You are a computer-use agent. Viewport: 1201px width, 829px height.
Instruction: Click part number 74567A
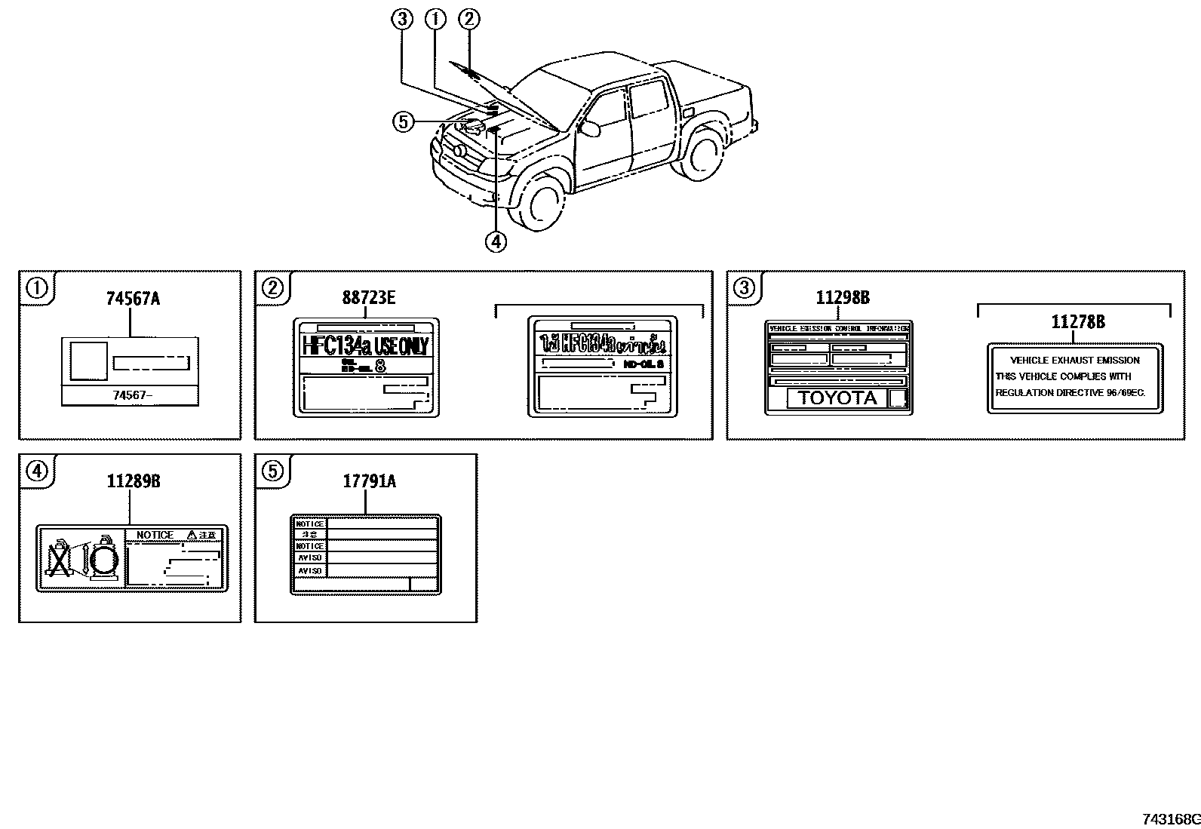tap(132, 299)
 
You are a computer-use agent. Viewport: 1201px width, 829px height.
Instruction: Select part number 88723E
tap(368, 297)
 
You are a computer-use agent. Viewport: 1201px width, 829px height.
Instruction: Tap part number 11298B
tap(842, 298)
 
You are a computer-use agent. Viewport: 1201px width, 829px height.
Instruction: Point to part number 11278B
tap(1078, 322)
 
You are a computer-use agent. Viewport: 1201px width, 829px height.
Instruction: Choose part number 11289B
tap(133, 481)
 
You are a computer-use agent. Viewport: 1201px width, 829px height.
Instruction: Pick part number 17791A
tap(369, 481)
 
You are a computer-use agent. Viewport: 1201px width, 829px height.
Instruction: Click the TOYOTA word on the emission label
tap(837, 398)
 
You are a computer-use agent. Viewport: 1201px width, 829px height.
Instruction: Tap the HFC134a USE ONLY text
tap(365, 346)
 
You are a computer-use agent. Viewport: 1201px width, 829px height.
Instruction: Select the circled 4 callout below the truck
tap(496, 241)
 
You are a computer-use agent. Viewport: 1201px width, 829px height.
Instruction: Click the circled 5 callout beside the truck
tap(403, 121)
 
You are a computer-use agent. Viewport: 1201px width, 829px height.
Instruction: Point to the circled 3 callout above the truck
tap(402, 20)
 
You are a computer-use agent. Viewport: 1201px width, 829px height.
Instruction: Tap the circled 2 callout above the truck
tap(469, 20)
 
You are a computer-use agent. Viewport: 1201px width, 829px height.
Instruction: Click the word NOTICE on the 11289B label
tap(155, 535)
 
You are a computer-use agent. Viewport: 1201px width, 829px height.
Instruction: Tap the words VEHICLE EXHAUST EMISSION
tap(1074, 361)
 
